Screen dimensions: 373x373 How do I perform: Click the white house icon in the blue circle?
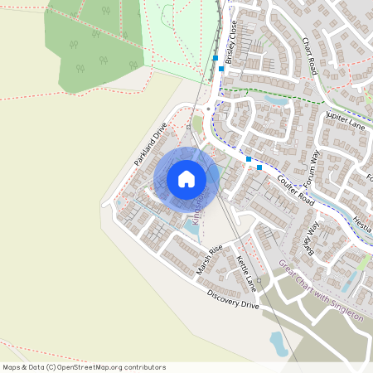tap(186, 179)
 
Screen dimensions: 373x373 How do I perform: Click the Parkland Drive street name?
tap(151, 143)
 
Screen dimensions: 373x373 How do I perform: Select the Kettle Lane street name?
tap(247, 274)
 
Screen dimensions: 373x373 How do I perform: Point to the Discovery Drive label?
tap(233, 299)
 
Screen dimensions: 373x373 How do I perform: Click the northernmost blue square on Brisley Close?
tap(216, 58)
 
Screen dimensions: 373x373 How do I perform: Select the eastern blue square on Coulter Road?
tap(259, 167)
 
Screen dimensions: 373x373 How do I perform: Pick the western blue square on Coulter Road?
tap(248, 158)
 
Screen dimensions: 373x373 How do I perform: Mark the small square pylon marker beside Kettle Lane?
tap(259, 280)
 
